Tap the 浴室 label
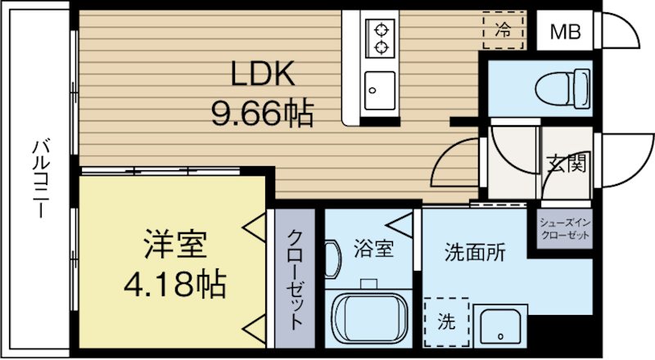point(373,249)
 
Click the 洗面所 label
point(474,252)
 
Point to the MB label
point(564,33)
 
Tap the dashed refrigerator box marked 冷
point(504,29)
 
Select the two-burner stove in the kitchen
point(381,38)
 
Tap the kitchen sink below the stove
point(380,86)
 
